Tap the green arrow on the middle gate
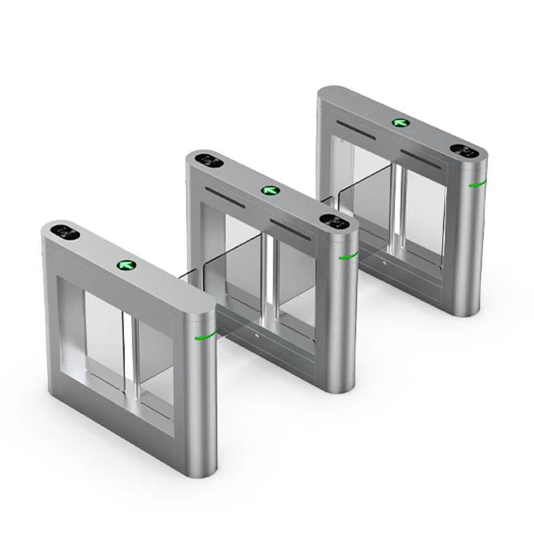click(270, 191)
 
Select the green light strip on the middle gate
click(348, 256)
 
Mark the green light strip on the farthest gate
click(477, 183)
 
